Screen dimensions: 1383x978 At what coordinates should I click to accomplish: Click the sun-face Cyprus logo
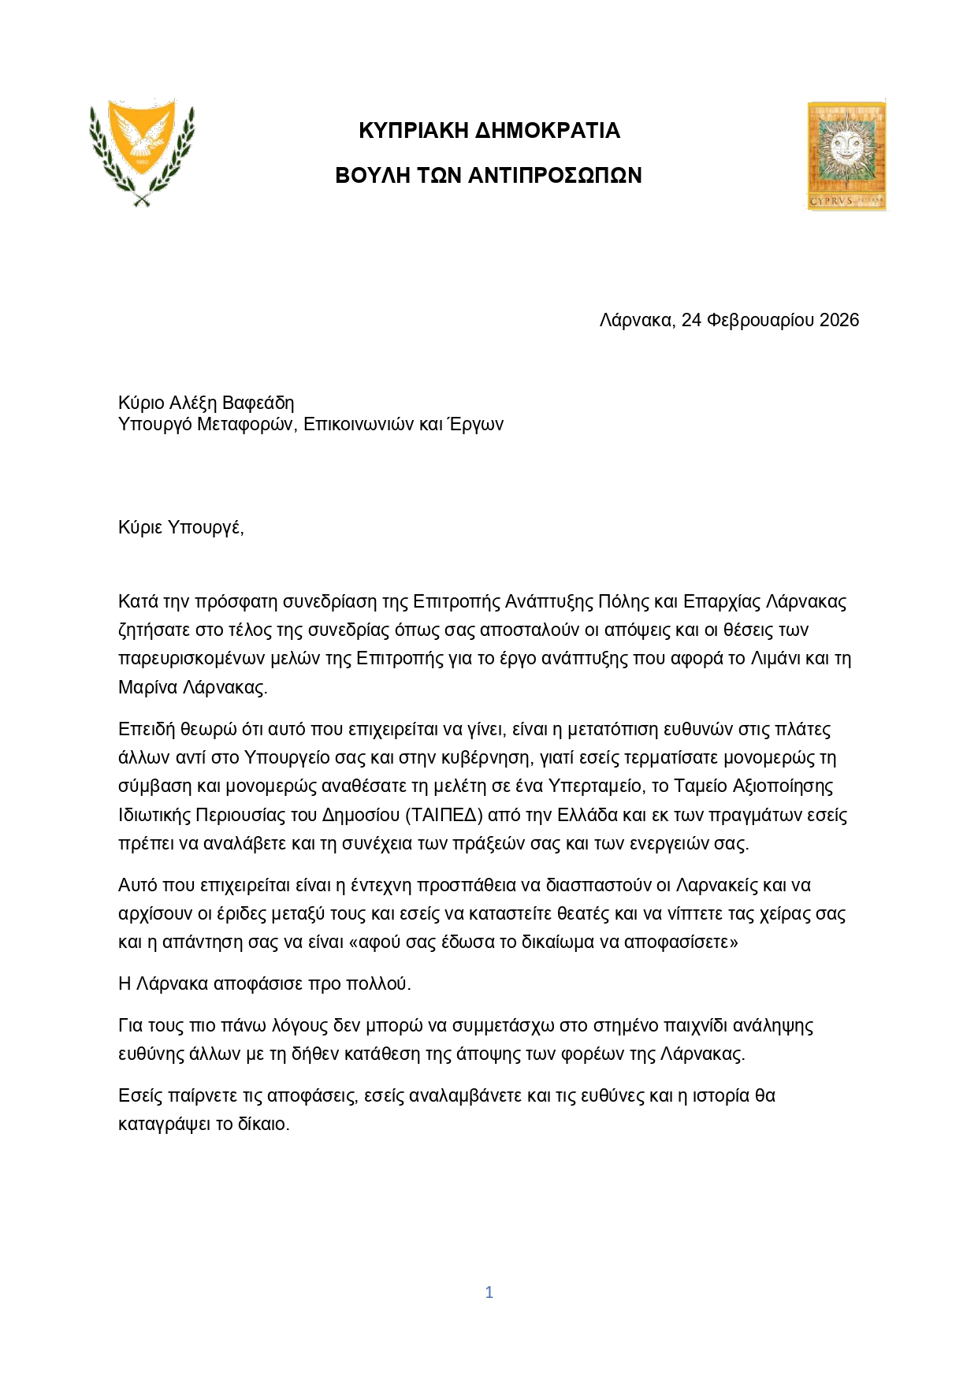point(846,156)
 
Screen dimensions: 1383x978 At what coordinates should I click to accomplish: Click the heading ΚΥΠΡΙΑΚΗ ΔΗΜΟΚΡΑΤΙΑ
point(489,131)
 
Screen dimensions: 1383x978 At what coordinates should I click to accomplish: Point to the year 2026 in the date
point(839,320)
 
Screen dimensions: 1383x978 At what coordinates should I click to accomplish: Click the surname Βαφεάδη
point(258,403)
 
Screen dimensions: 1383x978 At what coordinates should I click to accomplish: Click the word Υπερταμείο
point(600,786)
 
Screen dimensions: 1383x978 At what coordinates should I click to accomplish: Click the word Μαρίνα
point(147,687)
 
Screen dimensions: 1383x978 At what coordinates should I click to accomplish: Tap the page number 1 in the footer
point(489,1292)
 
